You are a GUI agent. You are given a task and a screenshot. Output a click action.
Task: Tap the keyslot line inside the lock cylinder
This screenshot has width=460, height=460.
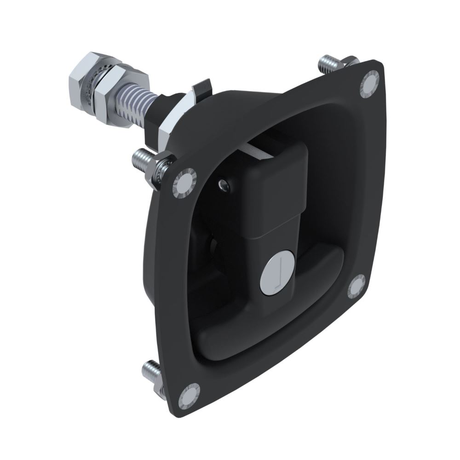coord(277,275)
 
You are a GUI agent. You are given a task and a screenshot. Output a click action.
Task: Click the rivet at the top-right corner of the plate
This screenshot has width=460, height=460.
coord(370,83)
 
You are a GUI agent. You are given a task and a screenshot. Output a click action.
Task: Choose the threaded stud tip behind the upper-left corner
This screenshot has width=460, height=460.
coord(139,159)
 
